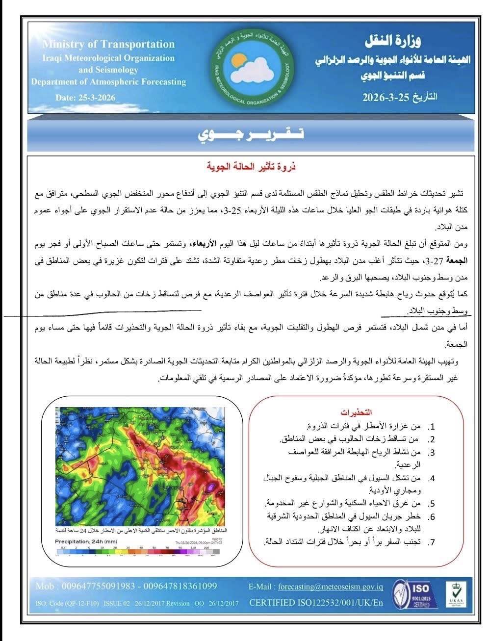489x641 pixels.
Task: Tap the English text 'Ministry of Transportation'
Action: coord(108,44)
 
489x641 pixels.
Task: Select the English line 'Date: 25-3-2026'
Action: coord(85,98)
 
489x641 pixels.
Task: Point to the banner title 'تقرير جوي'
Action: coord(250,134)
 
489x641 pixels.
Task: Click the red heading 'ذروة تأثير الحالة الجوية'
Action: coord(251,167)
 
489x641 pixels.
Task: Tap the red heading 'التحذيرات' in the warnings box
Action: coord(354,411)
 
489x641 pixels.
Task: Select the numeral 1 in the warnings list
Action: coord(432,427)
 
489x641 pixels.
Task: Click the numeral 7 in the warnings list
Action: coord(432,542)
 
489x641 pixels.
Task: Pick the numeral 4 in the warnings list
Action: coord(432,478)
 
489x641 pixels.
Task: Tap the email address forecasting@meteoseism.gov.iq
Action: coord(331,586)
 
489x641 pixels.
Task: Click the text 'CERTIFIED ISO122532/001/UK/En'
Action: coord(316,602)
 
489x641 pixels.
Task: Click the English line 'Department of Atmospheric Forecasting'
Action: coord(108,82)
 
